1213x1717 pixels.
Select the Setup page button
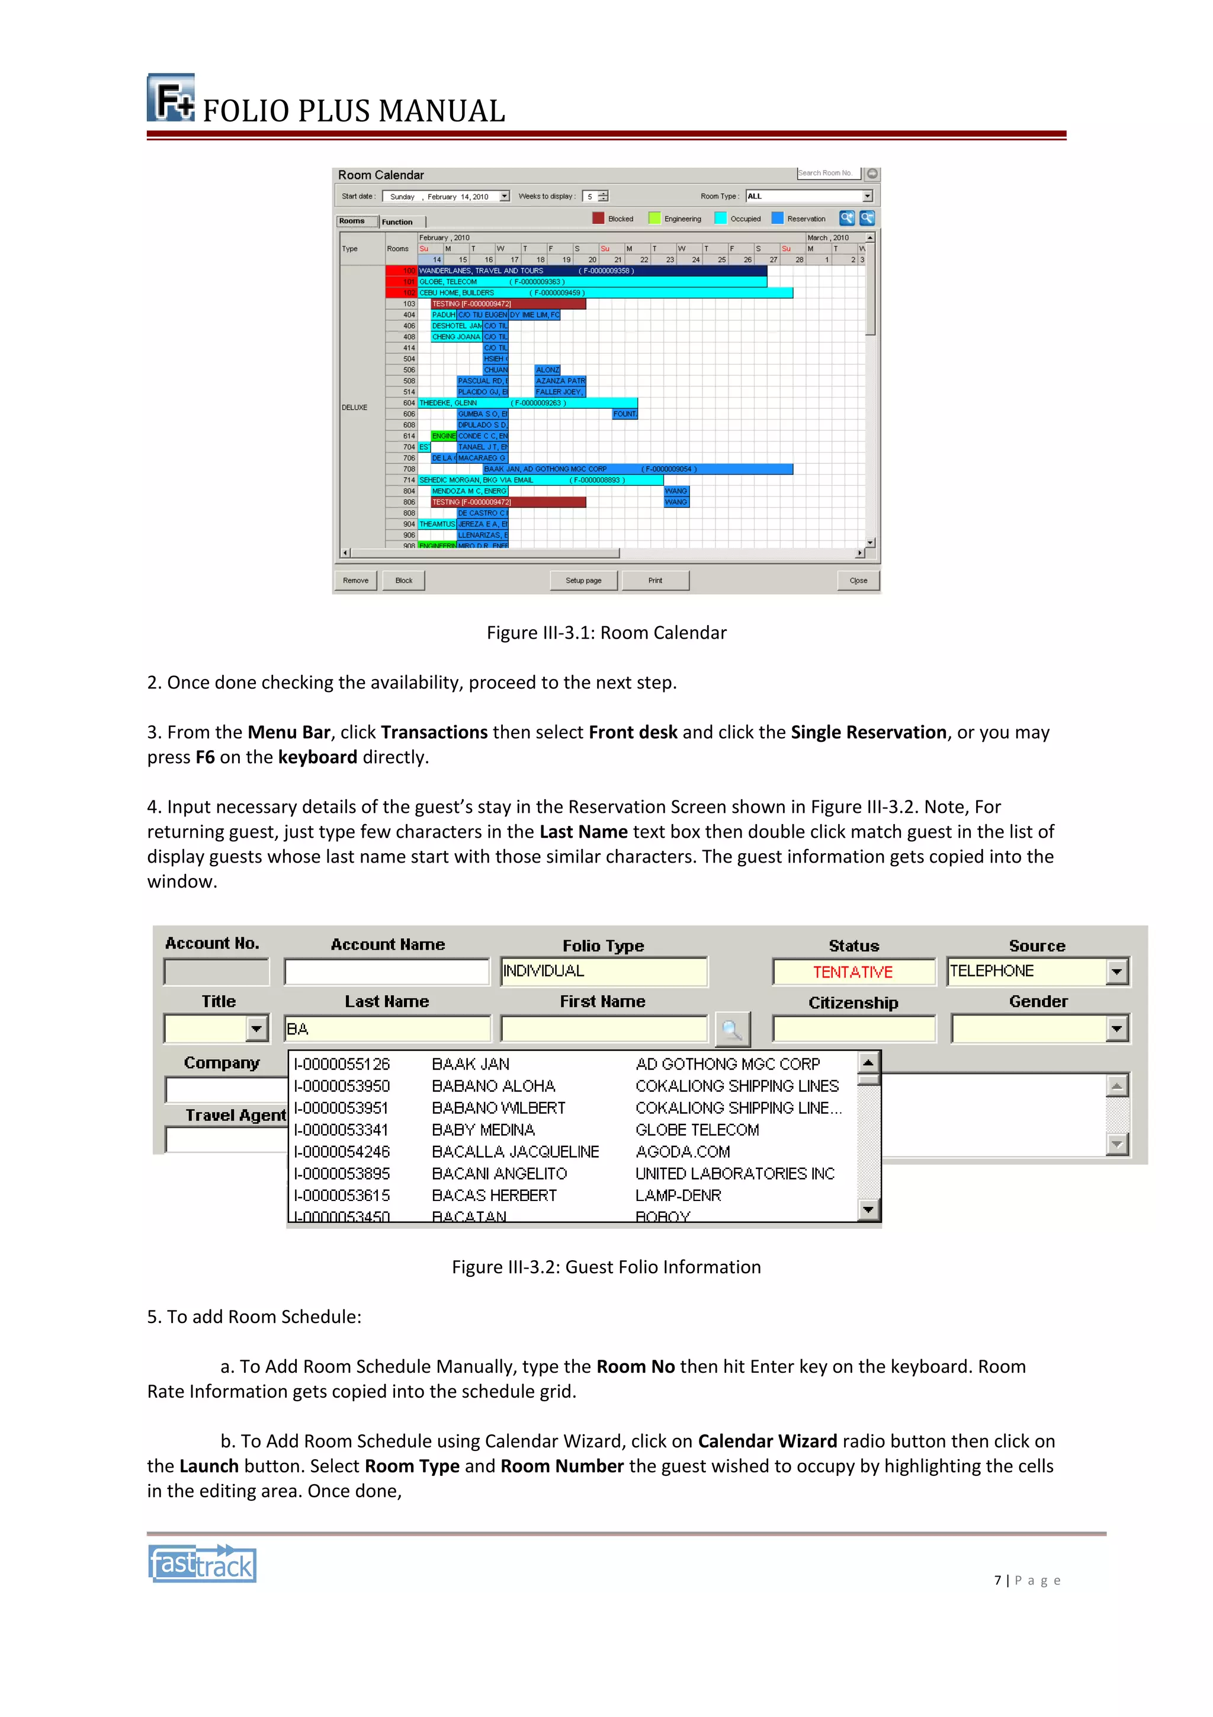tap(583, 580)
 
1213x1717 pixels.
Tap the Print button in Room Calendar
tap(654, 580)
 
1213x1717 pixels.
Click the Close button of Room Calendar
tap(858, 580)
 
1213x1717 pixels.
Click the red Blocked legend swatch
tap(598, 219)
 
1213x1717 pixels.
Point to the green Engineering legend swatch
tap(654, 219)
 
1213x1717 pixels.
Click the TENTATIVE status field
tap(853, 972)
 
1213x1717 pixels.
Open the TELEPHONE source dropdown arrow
tap(1116, 972)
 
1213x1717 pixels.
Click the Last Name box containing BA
tap(387, 1029)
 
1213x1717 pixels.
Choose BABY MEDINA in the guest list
tap(483, 1130)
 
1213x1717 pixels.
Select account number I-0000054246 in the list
tap(342, 1152)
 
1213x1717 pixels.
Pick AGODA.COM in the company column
tap(682, 1152)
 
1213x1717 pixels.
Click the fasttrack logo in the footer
tap(202, 1564)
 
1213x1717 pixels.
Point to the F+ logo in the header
tap(171, 98)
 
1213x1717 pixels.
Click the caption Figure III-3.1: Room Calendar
tap(606, 633)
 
